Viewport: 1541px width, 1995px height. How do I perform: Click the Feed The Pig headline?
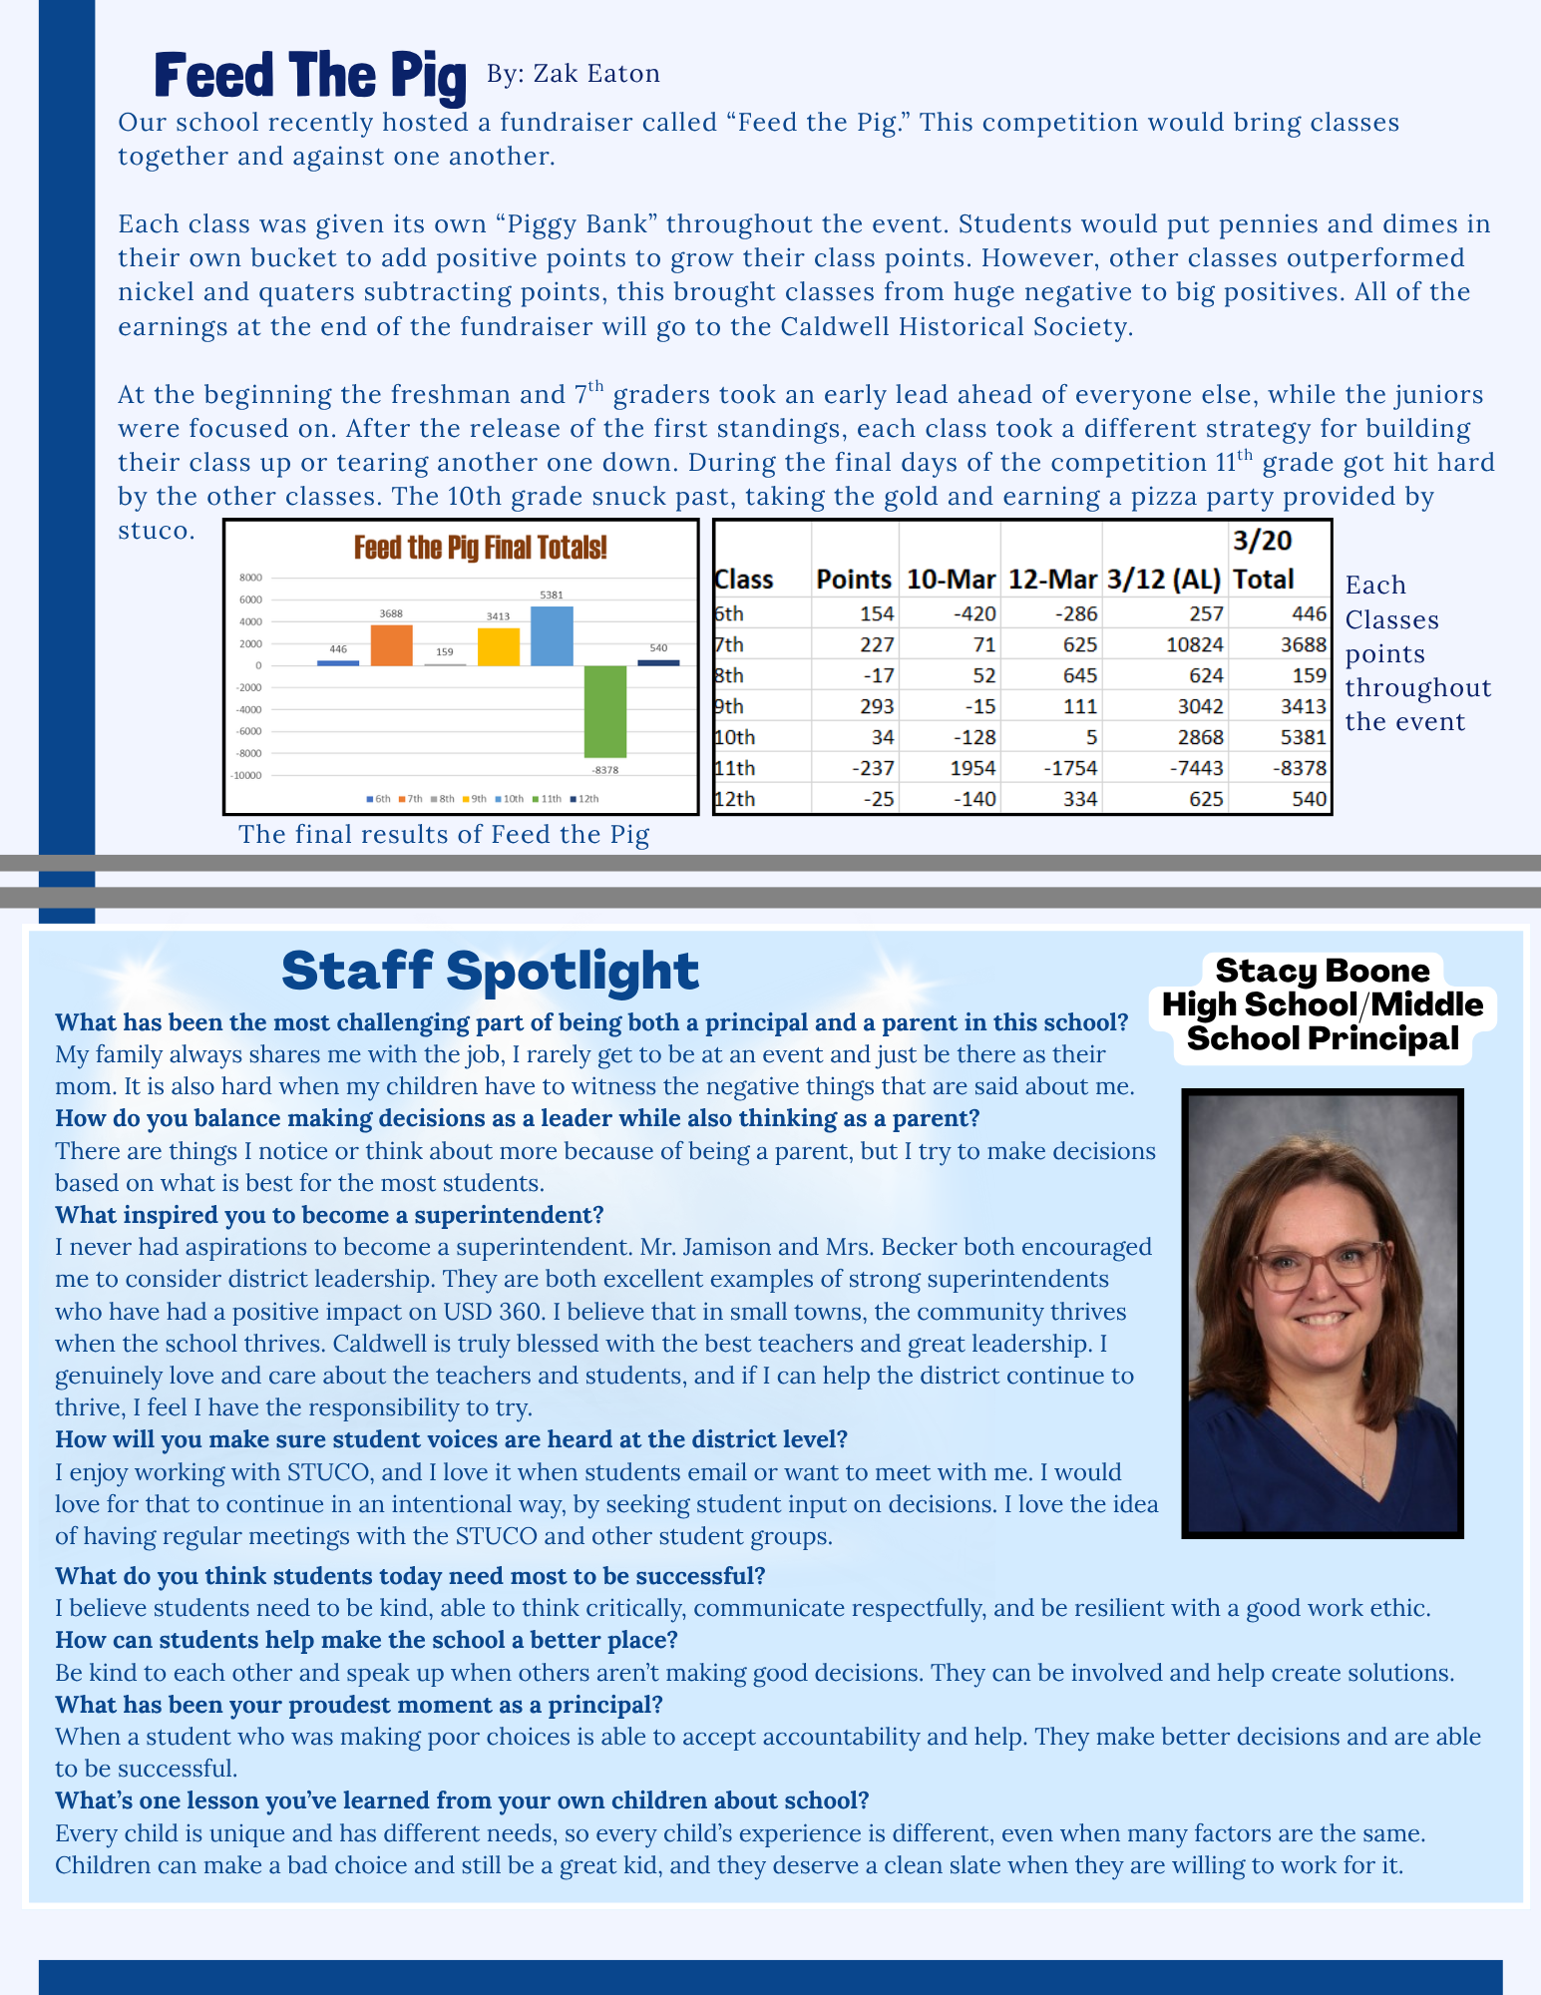(x=309, y=76)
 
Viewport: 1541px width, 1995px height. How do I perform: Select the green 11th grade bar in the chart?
(x=605, y=711)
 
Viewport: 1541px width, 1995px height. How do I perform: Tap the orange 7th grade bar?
(x=391, y=645)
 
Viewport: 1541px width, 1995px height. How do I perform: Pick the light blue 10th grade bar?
(x=552, y=636)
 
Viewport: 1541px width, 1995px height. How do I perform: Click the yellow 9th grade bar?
(x=499, y=646)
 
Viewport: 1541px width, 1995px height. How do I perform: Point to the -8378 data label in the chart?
(x=604, y=770)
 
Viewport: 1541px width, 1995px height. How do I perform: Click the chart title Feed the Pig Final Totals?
(x=480, y=548)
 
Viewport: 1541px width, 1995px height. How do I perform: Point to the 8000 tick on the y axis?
(x=251, y=578)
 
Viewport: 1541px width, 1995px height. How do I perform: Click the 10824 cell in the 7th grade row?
(x=1194, y=645)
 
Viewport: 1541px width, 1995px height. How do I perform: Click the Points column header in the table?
(x=854, y=580)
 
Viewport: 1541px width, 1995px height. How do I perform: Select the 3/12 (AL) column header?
(x=1163, y=580)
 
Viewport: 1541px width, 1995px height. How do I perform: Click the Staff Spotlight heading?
(x=490, y=971)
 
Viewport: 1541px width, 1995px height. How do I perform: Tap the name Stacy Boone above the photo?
(x=1322, y=971)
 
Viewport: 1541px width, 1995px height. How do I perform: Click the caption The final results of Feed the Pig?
(x=444, y=835)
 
